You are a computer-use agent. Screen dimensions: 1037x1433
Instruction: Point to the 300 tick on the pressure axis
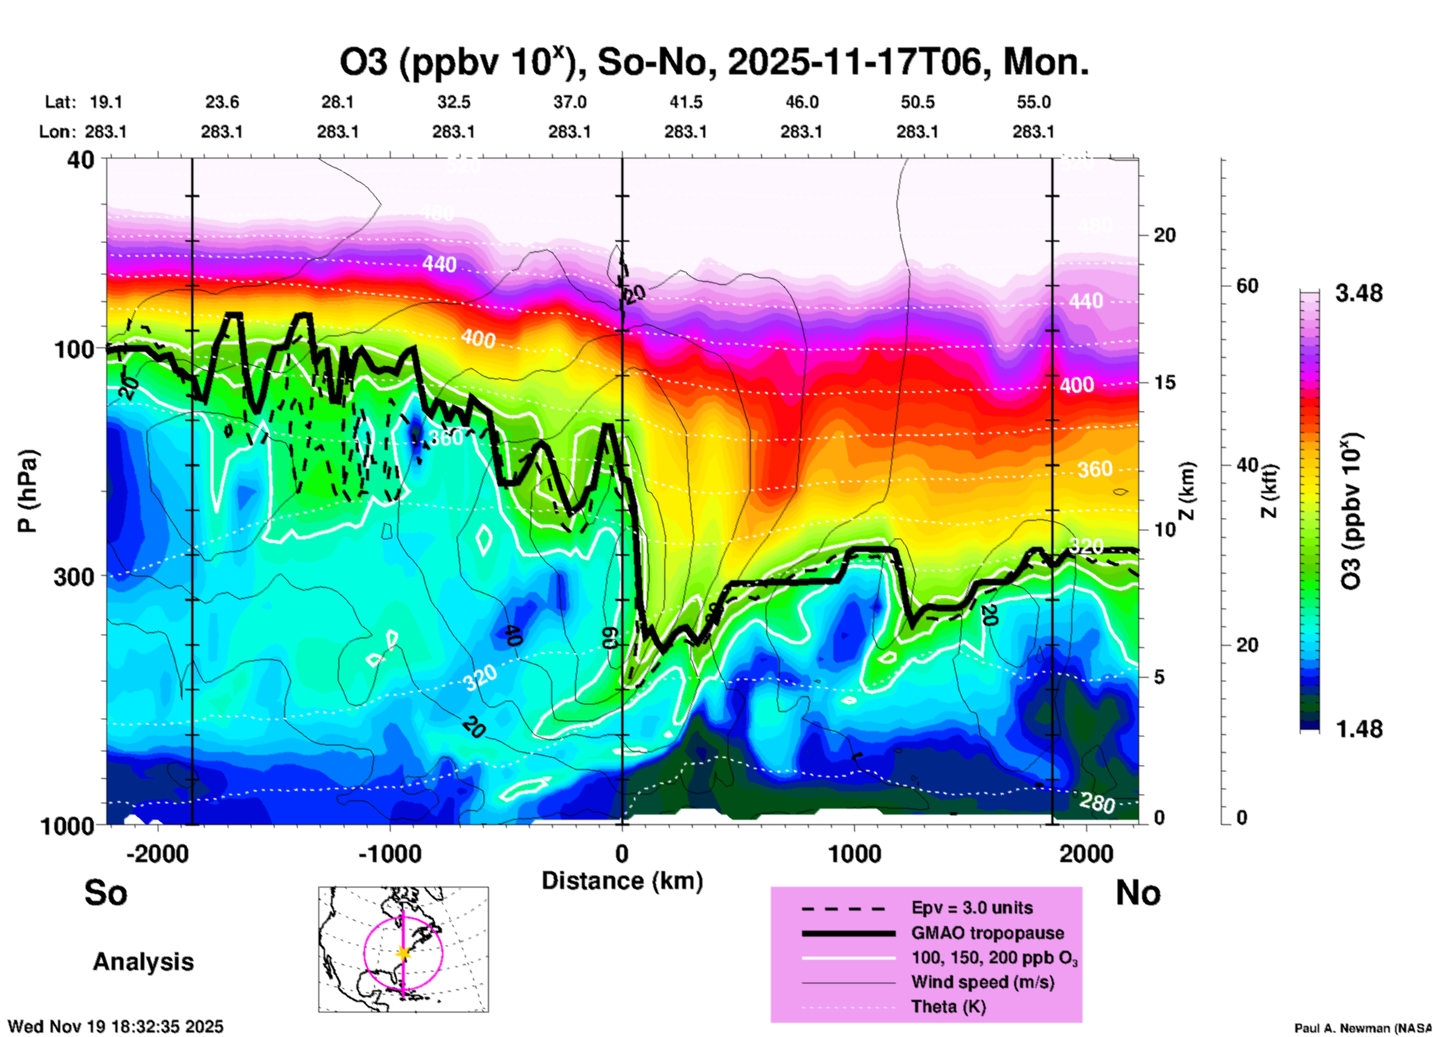(74, 577)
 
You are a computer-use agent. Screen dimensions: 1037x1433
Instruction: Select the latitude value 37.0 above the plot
(569, 102)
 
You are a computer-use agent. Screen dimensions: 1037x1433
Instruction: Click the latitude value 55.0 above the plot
(1033, 102)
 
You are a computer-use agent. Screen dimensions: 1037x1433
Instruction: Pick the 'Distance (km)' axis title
(622, 881)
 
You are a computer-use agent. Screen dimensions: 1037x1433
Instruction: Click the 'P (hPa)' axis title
(28, 491)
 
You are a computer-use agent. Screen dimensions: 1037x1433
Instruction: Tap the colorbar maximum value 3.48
(1359, 293)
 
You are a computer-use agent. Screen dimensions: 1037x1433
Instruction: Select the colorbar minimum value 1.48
(1359, 728)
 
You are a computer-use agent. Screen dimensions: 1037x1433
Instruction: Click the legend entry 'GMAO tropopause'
(987, 933)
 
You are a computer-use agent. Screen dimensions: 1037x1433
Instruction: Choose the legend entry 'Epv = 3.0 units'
(972, 908)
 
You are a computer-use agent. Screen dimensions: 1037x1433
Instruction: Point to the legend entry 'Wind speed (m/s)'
(982, 982)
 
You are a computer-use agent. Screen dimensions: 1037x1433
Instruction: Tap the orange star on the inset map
(403, 953)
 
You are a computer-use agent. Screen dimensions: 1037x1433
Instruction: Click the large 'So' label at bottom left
(106, 893)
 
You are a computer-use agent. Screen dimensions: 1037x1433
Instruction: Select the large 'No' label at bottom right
(1138, 893)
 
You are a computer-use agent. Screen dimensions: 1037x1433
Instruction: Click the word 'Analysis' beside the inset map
(143, 962)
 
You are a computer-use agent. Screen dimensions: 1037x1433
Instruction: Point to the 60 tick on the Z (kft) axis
(1248, 286)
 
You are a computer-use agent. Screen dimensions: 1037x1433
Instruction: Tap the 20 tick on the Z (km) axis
(1164, 235)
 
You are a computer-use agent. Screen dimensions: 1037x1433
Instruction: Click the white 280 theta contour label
(1097, 803)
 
